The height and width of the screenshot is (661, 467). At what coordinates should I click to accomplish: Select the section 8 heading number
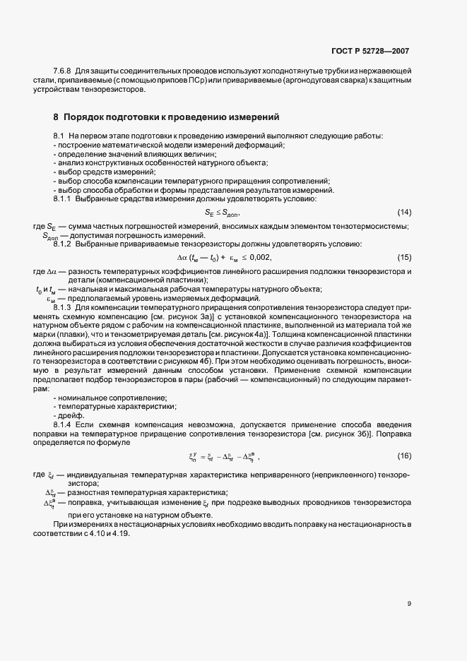pos(56,116)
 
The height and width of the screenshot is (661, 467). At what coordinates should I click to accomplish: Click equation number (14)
pos(404,213)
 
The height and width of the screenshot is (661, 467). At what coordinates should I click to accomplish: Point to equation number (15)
pos(404,256)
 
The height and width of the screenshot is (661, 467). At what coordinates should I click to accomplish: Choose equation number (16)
pos(404,456)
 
